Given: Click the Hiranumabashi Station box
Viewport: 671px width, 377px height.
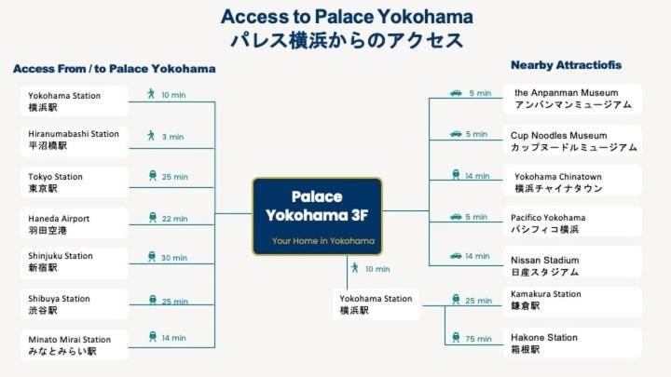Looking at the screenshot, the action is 75,141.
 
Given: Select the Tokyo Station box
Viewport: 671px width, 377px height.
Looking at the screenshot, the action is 75,182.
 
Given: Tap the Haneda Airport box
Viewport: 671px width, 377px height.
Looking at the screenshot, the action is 75,223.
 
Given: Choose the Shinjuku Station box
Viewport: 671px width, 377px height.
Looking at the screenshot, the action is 75,263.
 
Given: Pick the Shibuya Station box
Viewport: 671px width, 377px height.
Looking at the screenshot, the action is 75,304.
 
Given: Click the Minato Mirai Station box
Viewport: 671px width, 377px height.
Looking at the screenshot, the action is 75,345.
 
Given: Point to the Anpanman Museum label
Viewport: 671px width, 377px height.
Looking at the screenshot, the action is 572,100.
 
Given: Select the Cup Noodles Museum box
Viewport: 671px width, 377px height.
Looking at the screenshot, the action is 572,141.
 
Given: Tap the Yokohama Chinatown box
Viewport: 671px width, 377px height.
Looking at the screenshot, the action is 572,182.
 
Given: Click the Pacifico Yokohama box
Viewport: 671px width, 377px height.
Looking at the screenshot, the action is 572,222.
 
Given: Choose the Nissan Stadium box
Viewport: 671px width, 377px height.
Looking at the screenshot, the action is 572,263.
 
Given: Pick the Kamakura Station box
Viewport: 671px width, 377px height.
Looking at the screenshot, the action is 572,302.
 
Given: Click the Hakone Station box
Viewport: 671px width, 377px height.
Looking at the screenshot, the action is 572,343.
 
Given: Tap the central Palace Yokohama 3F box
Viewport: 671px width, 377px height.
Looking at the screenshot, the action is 317,216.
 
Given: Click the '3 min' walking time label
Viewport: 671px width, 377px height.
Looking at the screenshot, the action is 172,137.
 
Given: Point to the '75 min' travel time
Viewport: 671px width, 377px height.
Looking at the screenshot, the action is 478,339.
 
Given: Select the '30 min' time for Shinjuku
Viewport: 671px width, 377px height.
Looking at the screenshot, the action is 173,258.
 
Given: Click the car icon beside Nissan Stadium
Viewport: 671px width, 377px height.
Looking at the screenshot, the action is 456,256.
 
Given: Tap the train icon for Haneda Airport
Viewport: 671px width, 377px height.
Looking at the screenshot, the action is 152,218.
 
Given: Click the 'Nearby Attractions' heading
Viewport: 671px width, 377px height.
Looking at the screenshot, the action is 567,65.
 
